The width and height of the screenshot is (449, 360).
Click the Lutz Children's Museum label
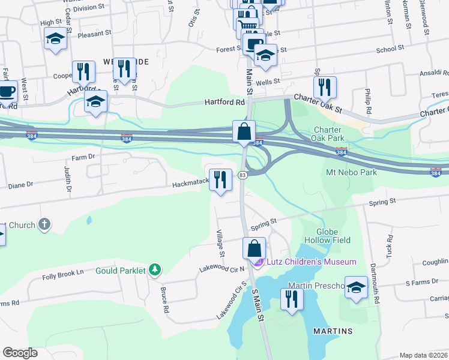point(310,262)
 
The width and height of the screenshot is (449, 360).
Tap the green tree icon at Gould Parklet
point(155,270)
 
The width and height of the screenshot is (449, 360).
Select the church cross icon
point(44,225)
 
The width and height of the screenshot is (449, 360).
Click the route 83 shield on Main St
point(243,175)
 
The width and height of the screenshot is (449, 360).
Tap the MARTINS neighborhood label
point(333,331)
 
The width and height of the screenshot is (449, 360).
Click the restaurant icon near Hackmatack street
point(220,179)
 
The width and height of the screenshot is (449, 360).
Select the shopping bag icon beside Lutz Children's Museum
point(254,248)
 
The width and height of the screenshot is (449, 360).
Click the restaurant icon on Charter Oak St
point(325,88)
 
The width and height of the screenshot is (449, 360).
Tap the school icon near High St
point(55,40)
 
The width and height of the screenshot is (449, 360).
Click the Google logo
point(20,353)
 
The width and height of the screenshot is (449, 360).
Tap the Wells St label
point(268,81)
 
